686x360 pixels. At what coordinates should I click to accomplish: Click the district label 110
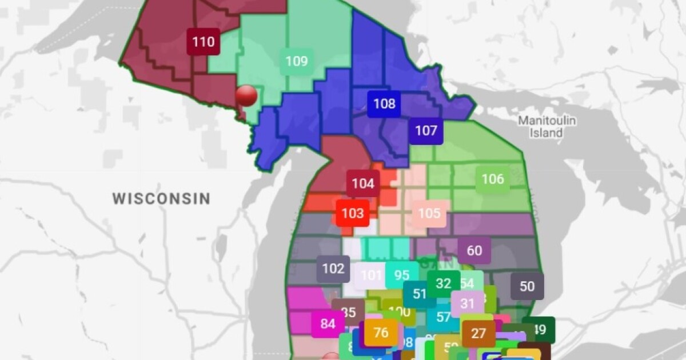coord(204,42)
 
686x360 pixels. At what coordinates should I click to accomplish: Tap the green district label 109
coord(296,61)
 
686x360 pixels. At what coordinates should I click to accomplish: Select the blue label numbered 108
coord(384,103)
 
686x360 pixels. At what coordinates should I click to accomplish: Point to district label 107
coord(426,131)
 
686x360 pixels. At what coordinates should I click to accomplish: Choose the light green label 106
coord(493,179)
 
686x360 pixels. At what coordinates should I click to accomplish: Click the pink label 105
coord(429,213)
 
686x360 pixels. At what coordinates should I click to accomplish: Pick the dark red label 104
coord(363,183)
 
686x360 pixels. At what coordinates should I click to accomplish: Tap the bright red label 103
coord(352,213)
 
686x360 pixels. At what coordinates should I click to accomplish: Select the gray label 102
coord(333,269)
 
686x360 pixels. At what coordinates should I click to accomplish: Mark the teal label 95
coord(401,275)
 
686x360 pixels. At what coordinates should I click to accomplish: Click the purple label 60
coord(474,250)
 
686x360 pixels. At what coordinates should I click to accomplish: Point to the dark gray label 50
coord(527,286)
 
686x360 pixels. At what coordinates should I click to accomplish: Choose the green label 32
coord(444,283)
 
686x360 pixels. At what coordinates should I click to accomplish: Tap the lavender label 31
coord(468,303)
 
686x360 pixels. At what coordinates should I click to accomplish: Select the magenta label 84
coord(328,324)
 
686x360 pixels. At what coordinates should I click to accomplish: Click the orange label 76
coord(381,332)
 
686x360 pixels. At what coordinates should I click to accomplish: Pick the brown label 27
coord(478,333)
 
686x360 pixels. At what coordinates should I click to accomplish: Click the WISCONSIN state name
coord(161,198)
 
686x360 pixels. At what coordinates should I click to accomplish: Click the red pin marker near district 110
coord(246,95)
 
